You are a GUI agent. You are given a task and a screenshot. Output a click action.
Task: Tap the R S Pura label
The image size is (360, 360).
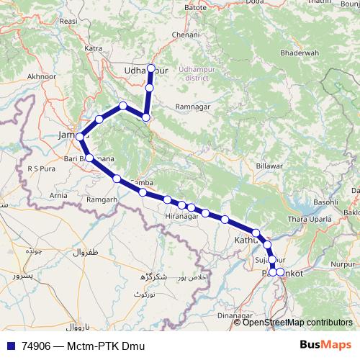click(x=41, y=168)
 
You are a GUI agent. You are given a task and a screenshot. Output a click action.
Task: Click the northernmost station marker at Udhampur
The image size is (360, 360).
click(x=150, y=68)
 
